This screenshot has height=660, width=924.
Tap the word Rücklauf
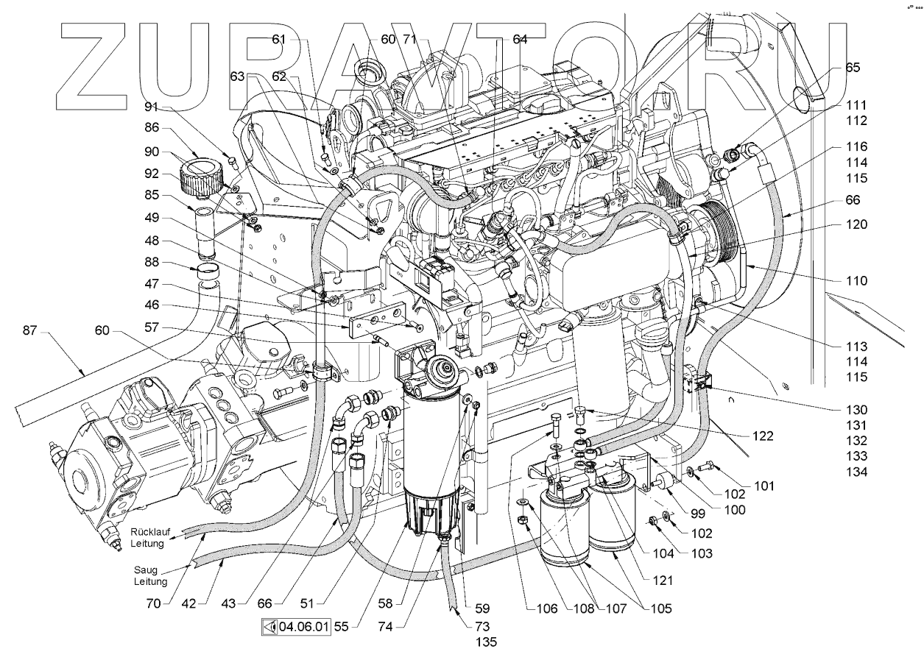(x=150, y=532)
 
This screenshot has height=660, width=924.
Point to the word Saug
(x=145, y=569)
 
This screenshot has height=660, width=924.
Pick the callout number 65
(x=852, y=67)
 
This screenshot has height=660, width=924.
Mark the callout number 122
(x=763, y=435)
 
